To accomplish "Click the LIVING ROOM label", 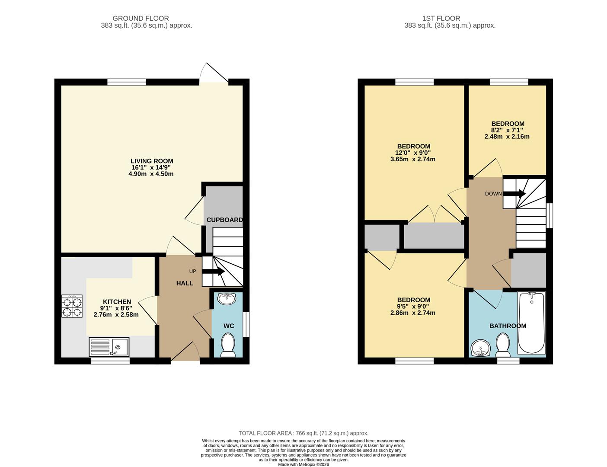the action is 152,161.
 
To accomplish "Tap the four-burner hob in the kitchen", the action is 72,306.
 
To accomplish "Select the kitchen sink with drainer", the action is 109,347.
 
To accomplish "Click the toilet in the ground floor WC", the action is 228,345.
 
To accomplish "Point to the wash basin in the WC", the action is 227,299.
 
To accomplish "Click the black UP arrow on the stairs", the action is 213,271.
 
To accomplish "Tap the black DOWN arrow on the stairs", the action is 514,194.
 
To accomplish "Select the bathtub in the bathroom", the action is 531,323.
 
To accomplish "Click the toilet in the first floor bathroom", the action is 503,345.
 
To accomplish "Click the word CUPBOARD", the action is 224,220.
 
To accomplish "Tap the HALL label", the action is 185,283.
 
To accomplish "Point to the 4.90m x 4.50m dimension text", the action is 151,174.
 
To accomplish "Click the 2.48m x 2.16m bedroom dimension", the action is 507,137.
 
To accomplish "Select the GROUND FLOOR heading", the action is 141,19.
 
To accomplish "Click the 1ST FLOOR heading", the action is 441,19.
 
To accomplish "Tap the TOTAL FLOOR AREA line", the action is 303,433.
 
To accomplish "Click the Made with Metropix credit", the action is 303,465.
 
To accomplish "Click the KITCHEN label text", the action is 117,302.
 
